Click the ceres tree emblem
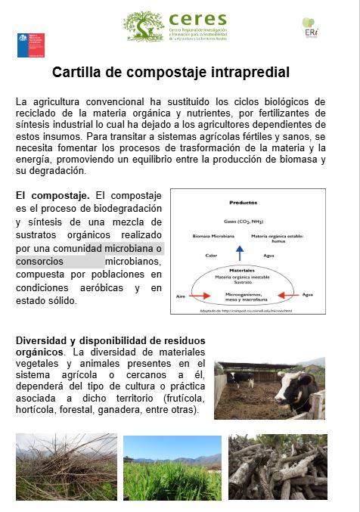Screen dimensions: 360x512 144,26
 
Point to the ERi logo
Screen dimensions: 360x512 310,28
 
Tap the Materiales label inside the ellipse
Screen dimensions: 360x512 239,269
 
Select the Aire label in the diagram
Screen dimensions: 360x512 180,294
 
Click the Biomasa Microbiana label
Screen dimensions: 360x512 205,237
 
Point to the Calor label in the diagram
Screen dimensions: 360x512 211,255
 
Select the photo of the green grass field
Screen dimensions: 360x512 172,467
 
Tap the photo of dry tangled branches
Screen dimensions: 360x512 66,467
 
